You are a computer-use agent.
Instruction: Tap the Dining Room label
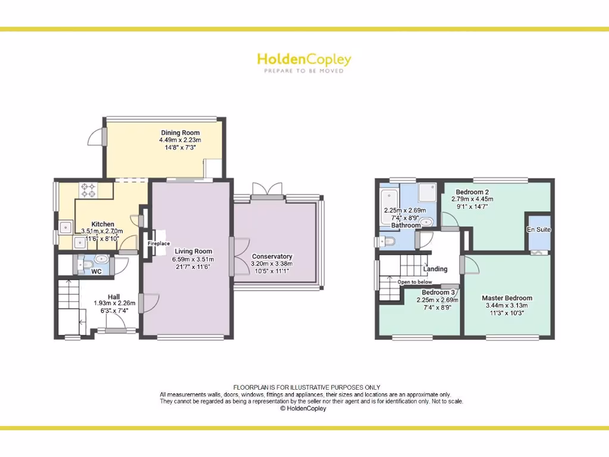click(180, 133)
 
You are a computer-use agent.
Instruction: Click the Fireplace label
click(159, 243)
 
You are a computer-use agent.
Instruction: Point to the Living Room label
click(194, 251)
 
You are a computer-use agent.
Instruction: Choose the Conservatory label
click(272, 256)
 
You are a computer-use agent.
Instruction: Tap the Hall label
click(114, 296)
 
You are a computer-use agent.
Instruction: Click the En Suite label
click(539, 230)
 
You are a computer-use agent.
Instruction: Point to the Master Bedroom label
click(507, 298)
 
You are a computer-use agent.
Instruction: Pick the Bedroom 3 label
click(439, 293)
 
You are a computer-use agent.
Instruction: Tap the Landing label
click(435, 269)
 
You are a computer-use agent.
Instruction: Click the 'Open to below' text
click(415, 282)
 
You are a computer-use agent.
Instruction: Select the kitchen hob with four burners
click(89, 189)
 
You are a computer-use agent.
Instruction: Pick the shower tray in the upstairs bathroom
click(427, 192)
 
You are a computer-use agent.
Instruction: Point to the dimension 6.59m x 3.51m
click(194, 259)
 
